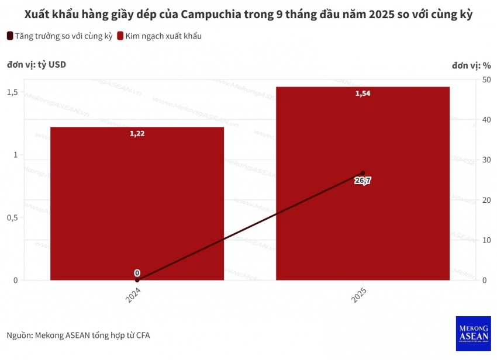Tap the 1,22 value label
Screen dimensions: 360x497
137,133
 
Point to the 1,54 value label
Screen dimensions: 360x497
363,94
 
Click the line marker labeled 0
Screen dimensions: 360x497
137,280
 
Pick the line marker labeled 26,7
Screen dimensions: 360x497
363,173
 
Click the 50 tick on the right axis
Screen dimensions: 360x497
486,79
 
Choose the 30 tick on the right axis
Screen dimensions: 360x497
486,160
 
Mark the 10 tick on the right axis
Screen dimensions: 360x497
486,240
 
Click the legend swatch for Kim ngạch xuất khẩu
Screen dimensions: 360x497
120,36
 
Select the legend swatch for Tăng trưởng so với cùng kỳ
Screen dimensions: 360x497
10,36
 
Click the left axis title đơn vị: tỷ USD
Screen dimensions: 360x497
36,64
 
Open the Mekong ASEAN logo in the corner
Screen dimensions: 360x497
473,334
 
